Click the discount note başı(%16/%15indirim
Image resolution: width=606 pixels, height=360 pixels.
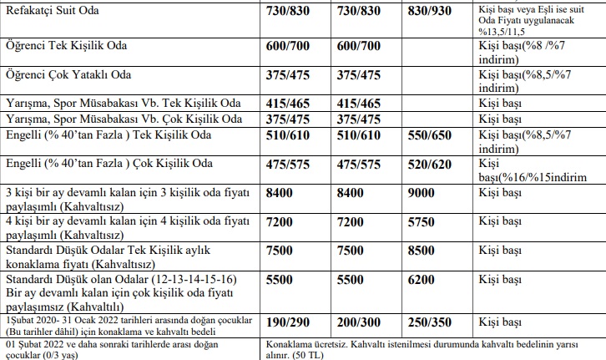(533, 176)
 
